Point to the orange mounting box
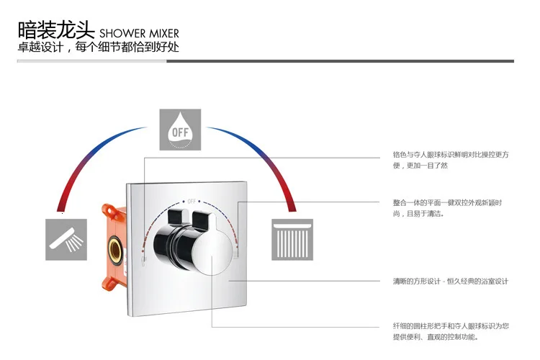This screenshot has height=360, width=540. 116,238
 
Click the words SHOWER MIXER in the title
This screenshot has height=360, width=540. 139,33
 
